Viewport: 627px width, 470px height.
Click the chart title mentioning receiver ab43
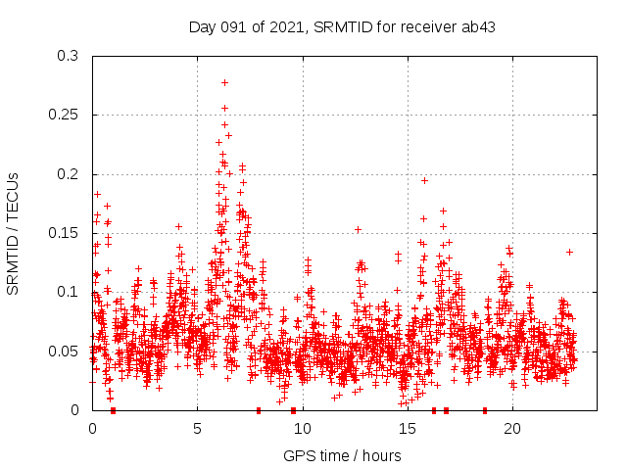(342, 26)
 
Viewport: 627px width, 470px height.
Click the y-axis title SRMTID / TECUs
(13, 233)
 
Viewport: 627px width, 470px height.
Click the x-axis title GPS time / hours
(342, 455)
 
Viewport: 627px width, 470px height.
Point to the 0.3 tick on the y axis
(68, 56)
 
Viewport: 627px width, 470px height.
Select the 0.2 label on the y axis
(68, 174)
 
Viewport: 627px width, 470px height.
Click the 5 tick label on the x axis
(197, 429)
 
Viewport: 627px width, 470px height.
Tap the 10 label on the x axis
(302, 429)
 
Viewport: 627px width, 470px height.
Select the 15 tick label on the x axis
(407, 429)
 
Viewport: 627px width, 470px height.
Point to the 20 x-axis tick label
(511, 429)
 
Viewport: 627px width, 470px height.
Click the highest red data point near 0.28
(224, 82)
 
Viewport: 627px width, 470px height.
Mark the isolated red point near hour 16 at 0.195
(424, 180)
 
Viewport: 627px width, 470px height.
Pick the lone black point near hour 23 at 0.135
(569, 252)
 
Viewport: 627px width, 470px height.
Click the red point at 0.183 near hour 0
(97, 194)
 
